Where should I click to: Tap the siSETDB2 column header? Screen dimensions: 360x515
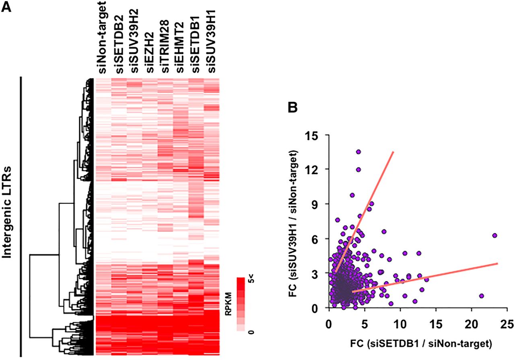[119, 45]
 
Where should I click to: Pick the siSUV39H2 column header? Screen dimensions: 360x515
[135, 43]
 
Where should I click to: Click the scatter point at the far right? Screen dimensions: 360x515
[494, 235]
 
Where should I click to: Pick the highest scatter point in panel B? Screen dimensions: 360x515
[358, 152]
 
